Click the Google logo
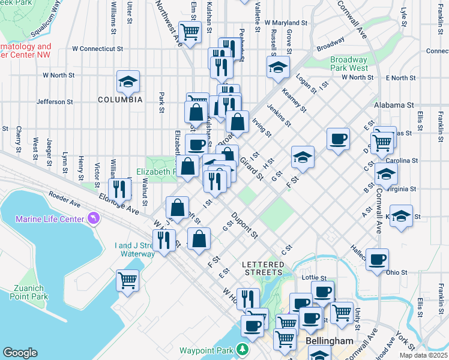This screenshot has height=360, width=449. coord(20,352)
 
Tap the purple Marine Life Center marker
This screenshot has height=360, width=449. coord(93,217)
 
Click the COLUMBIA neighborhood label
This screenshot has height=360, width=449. coord(121,99)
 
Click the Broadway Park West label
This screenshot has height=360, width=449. coord(349,64)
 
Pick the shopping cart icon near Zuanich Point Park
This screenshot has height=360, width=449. coord(127,280)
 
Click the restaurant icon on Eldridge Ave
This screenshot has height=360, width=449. coord(120,189)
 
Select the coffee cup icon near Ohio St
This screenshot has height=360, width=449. coord(377,259)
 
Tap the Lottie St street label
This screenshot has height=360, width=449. coord(316,278)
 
